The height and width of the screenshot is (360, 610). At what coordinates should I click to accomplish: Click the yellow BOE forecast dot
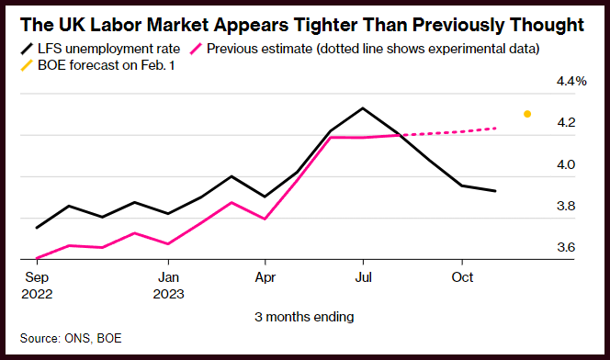pos(527,114)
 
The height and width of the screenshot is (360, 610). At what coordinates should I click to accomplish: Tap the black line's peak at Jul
pos(363,107)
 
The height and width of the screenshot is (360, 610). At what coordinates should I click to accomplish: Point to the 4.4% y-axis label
pos(571,81)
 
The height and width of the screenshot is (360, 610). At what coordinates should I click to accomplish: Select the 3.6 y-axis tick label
pos(566,247)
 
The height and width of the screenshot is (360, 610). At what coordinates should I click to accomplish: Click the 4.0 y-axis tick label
pos(566,164)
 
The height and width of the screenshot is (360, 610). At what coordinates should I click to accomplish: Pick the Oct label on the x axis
pos(462,277)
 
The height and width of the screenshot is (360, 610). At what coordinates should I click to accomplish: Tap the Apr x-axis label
pos(265,277)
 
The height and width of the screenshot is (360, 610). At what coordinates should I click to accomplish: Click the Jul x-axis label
pos(363,277)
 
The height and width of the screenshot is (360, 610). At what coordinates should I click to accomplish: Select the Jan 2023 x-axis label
pos(168,286)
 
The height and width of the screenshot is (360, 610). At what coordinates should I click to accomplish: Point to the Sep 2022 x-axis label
pos(37,286)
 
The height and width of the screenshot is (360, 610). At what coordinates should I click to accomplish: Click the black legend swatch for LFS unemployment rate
pos(27,50)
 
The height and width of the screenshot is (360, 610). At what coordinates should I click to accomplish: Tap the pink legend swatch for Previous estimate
pos(196,50)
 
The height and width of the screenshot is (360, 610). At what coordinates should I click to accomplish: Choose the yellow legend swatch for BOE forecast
pos(27,65)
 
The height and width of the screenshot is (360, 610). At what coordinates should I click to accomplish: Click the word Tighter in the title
pos(325,26)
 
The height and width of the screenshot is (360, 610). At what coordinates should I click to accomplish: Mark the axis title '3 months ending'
pos(304,317)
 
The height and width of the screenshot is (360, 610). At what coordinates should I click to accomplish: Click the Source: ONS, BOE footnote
pos(71,338)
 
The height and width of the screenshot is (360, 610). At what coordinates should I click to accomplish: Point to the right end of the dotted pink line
pos(495,128)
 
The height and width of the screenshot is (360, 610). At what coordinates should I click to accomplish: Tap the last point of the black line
pos(495,191)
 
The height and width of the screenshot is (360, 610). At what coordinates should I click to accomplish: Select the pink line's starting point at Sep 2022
pos(37,258)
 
